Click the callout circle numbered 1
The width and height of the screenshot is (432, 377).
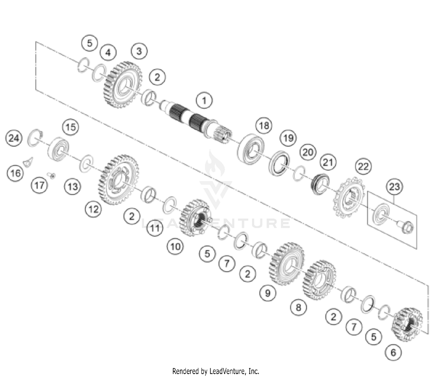coord(204,101)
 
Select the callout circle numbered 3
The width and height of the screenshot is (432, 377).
coord(139,51)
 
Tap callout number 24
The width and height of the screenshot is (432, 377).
coord(14,138)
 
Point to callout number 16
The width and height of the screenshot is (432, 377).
coord(16,173)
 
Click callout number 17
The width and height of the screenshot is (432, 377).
coord(39,185)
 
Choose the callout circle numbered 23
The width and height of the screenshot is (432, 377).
coord(394,187)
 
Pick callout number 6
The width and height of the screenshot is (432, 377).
coord(393,352)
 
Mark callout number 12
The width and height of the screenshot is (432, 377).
coord(94,209)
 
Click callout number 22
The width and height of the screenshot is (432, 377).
coord(363,166)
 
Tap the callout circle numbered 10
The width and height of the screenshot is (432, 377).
coord(175,246)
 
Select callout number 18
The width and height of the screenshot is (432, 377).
coord(264,125)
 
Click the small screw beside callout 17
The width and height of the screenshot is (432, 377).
coord(52,175)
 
